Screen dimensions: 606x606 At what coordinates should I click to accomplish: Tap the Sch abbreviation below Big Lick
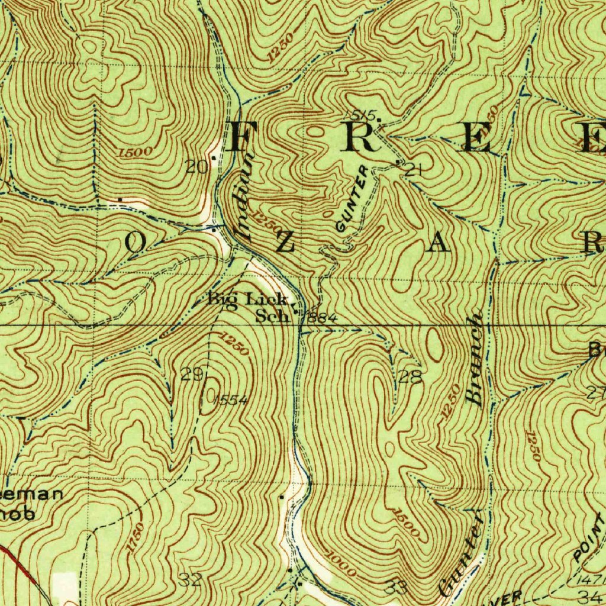tap(272, 317)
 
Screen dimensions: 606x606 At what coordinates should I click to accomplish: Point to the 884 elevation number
tap(323, 318)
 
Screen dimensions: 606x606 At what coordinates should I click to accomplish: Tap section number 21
tap(414, 170)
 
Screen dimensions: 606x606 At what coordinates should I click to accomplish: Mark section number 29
tap(192, 374)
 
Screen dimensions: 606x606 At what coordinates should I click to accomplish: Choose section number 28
tap(410, 377)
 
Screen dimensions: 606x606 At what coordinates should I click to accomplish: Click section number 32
tap(191, 579)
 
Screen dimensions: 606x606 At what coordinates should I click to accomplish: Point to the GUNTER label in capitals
tap(352, 199)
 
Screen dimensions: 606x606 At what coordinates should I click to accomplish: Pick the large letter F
tap(243, 137)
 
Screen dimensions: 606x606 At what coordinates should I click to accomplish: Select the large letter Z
tap(283, 243)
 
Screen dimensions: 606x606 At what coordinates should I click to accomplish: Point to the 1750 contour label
tap(136, 538)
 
